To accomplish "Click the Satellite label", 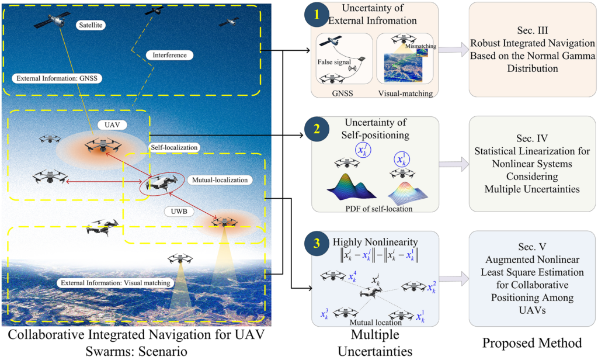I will coord(90,26).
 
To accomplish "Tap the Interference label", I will coord(169,55).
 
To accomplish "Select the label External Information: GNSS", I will coord(46,78).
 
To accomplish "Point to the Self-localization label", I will coord(173,147).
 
